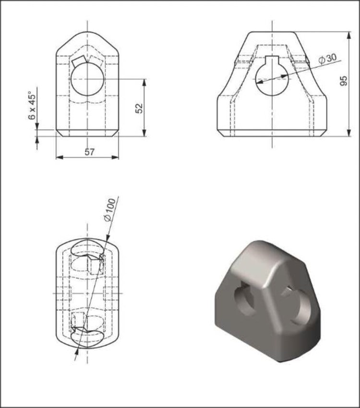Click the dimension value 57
tap(89, 152)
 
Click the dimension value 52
tap(140, 108)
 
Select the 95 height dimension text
tap(344, 81)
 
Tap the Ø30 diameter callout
tap(327, 59)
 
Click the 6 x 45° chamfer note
tap(32, 105)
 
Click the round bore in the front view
tap(87, 79)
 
